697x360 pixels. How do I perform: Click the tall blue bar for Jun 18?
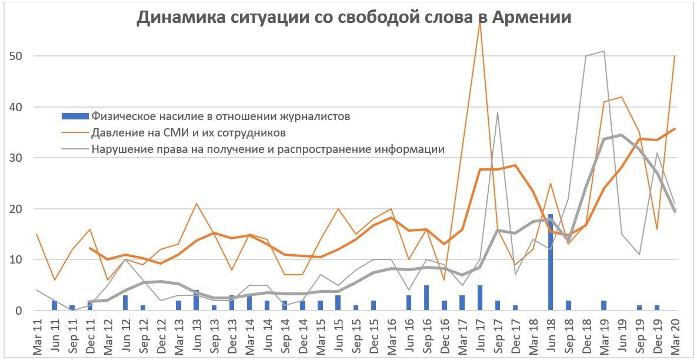pyautogui.click(x=551, y=262)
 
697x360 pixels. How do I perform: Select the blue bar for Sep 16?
pyautogui.click(x=426, y=298)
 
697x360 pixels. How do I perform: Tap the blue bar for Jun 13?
pyautogui.click(x=196, y=301)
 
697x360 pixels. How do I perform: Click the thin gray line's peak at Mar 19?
pyautogui.click(x=604, y=51)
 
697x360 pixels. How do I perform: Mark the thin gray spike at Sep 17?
pyautogui.click(x=498, y=112)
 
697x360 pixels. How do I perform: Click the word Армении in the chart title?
pyautogui.click(x=528, y=18)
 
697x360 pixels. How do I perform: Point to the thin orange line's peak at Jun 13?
pyautogui.click(x=196, y=204)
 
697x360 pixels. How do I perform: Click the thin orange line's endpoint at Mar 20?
pyautogui.click(x=674, y=56)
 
